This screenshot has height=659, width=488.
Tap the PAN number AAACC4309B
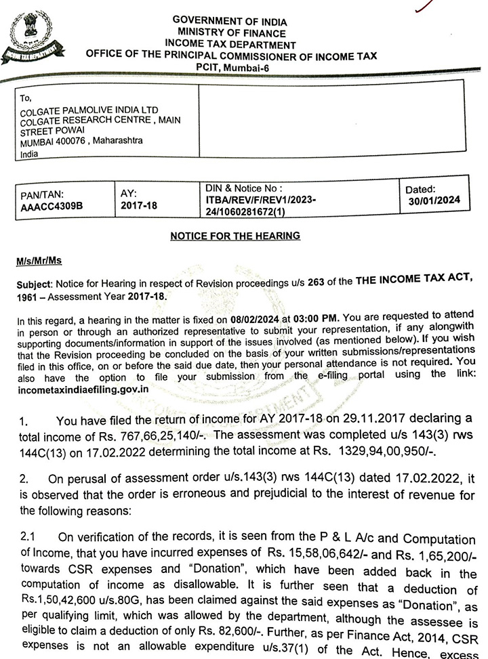(52, 205)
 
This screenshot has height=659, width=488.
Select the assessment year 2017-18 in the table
(138, 204)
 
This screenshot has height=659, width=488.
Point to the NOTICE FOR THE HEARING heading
(235, 236)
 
